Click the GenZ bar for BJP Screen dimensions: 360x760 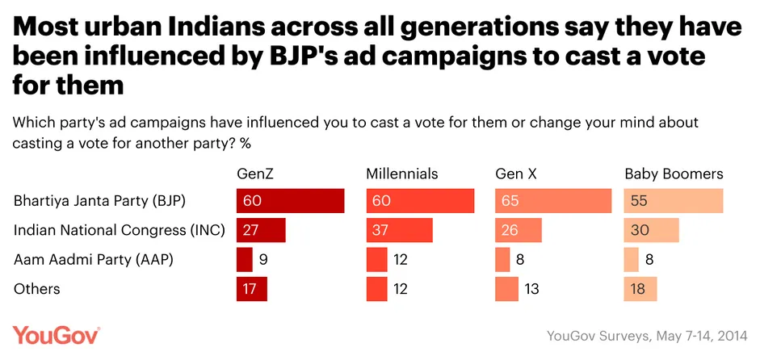[291, 201]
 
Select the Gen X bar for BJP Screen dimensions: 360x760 [553, 201]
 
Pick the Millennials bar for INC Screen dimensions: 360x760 [399, 230]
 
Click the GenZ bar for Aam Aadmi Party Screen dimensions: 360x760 [245, 259]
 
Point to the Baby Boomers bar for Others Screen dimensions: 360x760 [640, 288]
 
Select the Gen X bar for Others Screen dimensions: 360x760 [506, 288]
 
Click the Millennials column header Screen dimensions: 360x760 [402, 174]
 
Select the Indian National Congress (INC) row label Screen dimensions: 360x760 [113, 230]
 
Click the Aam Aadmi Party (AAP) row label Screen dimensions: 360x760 [94, 259]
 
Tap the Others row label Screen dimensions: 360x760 [37, 288]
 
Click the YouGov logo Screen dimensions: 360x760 [56, 335]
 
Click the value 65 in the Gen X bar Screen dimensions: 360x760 [511, 201]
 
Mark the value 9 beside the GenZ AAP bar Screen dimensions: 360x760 [264, 259]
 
